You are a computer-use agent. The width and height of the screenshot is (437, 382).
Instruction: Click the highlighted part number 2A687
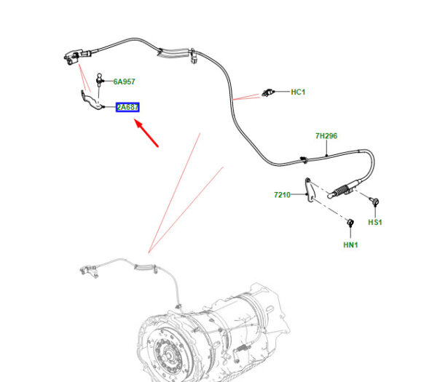coord(127,107)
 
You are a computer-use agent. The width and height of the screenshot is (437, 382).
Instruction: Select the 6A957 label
coord(124,82)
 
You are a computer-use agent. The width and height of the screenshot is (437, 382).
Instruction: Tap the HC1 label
coord(298,92)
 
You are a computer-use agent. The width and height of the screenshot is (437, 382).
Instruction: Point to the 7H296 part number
coord(326,136)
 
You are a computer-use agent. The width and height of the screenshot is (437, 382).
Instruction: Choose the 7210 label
coord(283,195)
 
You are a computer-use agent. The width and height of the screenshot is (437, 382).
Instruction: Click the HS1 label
coord(374,221)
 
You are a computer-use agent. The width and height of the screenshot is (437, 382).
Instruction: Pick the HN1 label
coord(350,245)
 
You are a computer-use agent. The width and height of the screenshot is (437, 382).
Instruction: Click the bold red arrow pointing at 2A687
coord(147,134)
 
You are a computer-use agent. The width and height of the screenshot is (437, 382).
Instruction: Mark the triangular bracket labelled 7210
coord(310,191)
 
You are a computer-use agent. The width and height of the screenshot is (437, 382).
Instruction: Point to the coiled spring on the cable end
coord(341,191)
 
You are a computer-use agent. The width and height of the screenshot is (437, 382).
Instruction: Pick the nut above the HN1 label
coord(350,222)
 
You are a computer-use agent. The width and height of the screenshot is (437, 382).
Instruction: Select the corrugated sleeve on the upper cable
coord(173,53)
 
